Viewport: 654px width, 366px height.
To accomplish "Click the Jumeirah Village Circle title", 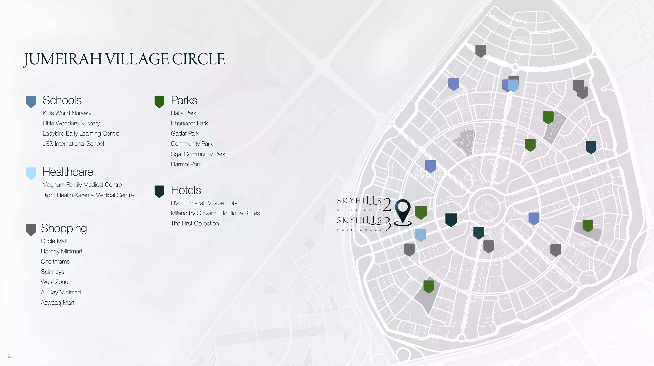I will [124, 59].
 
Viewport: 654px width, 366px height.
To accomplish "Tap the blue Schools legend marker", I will [31, 101].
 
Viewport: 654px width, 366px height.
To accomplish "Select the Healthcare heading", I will [68, 172].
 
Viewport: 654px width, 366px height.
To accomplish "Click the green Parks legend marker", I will [159, 101].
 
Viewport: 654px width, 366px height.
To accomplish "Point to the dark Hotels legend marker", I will [159, 191].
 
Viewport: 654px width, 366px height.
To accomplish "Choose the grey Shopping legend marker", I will [31, 229].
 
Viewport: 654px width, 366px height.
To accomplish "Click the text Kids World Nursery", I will [67, 113].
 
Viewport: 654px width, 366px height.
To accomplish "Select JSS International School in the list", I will [73, 144].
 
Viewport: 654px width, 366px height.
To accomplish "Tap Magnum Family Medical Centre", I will [82, 185].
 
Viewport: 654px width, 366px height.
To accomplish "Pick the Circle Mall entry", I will [54, 241].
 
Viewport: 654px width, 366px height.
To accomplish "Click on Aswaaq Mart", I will [57, 303].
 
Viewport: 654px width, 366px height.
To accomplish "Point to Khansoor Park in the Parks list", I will [189, 123].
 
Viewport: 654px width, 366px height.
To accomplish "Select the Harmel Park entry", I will [186, 164].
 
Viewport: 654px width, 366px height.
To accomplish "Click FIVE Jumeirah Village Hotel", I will [204, 203].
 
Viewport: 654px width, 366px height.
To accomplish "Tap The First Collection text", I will [195, 223].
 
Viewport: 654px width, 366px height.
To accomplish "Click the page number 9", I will [10, 356].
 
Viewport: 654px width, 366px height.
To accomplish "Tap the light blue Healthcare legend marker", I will [31, 173].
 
